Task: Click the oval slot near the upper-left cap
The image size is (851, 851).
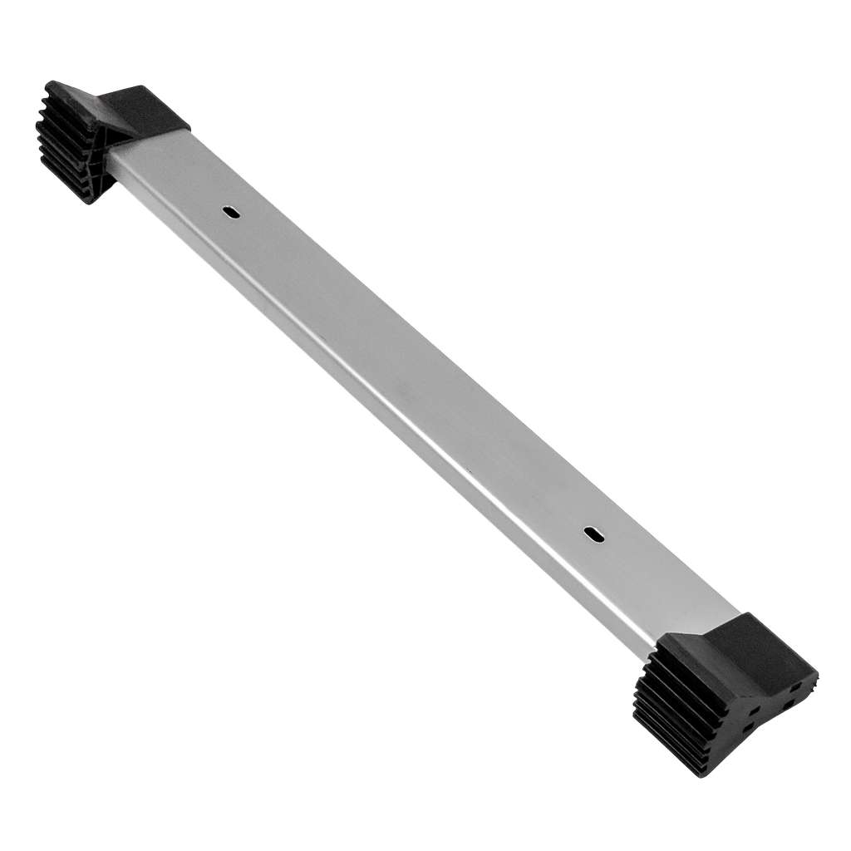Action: pos(232,212)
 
